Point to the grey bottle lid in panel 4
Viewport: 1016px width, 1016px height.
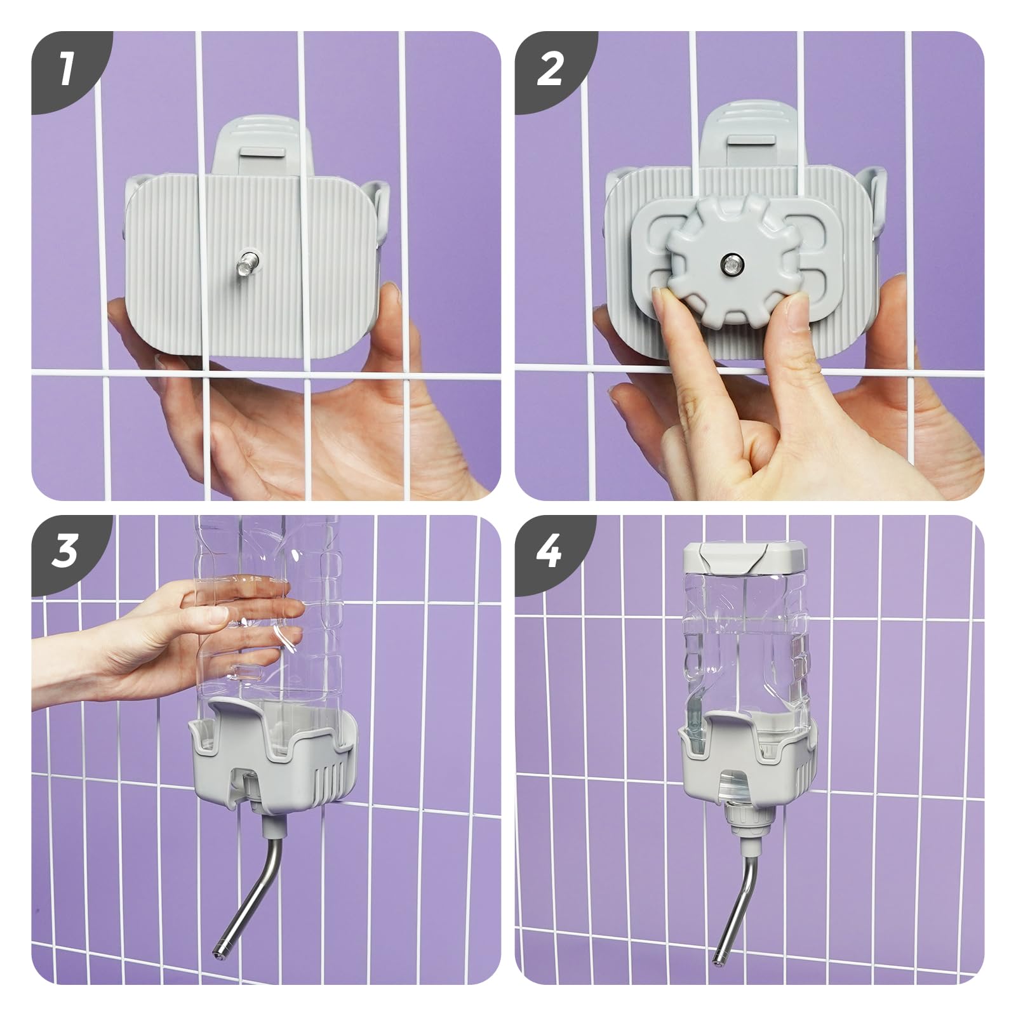pos(745,557)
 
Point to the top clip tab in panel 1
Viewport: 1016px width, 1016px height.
pos(263,144)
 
